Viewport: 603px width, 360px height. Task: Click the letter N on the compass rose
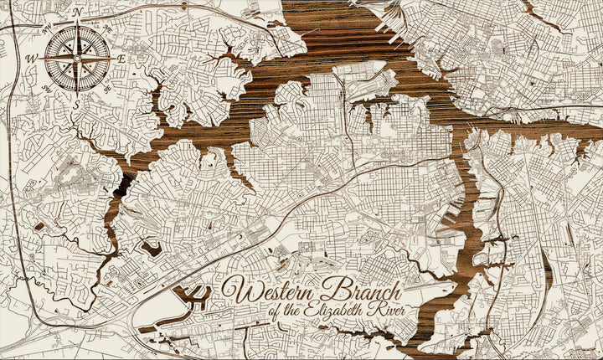78,12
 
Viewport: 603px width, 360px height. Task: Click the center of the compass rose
76,58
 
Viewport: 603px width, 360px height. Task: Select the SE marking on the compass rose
106,88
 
